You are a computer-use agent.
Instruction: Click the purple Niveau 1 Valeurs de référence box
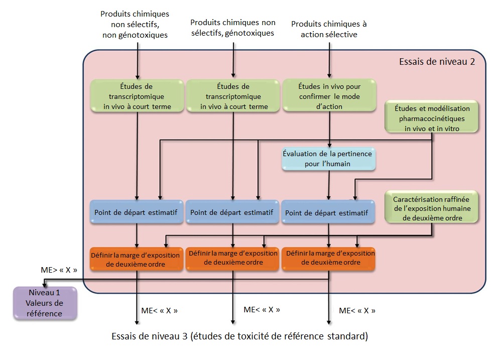tap(45, 303)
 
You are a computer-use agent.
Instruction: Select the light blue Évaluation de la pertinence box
tap(329, 159)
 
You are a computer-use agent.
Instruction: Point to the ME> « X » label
tap(59, 270)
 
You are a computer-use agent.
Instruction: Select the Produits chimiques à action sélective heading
tap(329, 29)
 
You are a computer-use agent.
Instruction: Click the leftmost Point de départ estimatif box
tap(136, 213)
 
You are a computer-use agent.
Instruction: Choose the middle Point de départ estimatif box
tap(232, 212)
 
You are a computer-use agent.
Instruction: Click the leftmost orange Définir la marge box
tap(136, 259)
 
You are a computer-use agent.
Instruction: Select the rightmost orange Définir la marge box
tap(329, 258)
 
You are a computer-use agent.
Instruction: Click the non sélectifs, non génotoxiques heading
tap(135, 25)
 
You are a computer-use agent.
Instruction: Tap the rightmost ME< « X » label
tap(357, 311)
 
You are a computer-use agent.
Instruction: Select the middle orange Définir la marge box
tap(232, 258)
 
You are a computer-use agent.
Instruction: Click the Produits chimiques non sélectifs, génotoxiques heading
tap(232, 28)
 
